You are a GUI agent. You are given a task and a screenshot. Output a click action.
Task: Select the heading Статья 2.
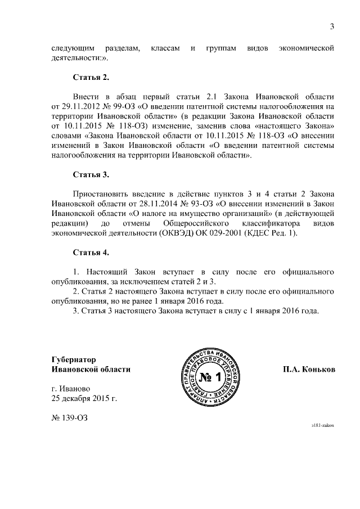click(91, 76)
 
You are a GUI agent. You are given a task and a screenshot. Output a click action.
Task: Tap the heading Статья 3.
click(91, 174)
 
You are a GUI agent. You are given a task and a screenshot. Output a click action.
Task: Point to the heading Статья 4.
click(91, 252)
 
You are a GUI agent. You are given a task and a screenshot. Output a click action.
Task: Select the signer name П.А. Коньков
click(309, 370)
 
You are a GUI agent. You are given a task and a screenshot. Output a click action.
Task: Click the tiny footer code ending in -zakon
click(323, 426)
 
